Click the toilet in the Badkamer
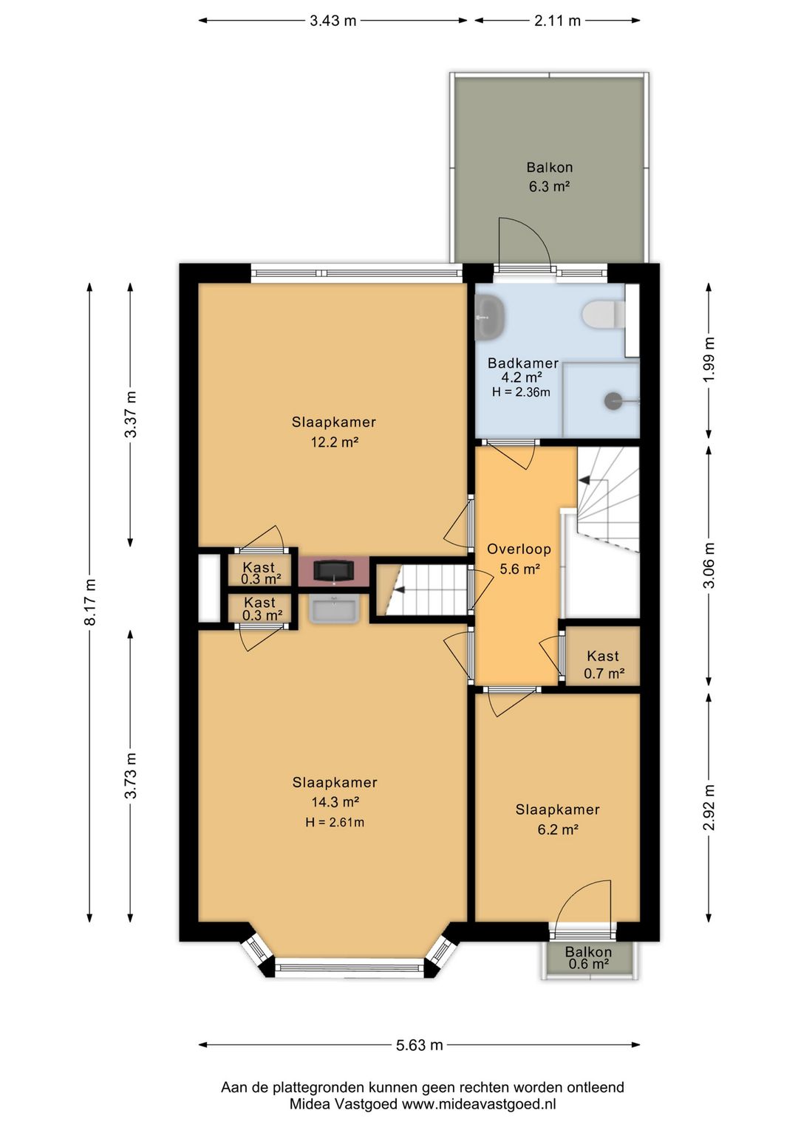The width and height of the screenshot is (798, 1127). point(604,314)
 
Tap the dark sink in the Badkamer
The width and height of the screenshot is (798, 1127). point(491,317)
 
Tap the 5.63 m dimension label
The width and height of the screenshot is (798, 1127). point(419,1045)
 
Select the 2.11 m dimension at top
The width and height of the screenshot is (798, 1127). point(557,21)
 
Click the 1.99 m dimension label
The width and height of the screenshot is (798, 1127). point(709,360)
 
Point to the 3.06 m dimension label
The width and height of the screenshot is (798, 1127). point(709,565)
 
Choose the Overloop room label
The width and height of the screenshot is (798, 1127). point(519,549)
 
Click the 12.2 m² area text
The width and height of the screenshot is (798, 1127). point(334,442)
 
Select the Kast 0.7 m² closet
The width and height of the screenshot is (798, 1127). point(603,656)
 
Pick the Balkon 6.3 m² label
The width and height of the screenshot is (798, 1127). point(549,177)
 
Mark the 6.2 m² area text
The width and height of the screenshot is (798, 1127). point(557,829)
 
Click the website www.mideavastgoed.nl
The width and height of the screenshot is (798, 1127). point(478,1104)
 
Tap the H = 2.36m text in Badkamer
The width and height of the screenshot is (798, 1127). point(521,391)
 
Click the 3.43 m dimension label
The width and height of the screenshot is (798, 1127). point(332,21)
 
